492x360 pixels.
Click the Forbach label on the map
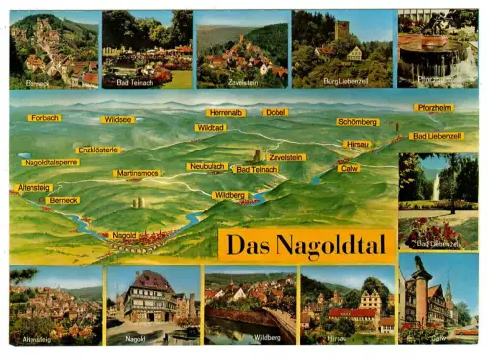[45, 118]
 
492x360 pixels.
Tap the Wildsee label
[117, 119]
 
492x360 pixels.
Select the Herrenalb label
[225, 113]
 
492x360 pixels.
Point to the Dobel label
[276, 113]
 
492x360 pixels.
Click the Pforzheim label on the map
[433, 108]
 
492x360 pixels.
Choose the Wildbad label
[211, 128]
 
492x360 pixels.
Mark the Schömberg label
[357, 122]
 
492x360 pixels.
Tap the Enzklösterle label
[98, 150]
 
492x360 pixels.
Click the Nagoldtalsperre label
[50, 162]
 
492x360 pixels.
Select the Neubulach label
[207, 167]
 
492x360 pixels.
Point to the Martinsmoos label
[138, 173]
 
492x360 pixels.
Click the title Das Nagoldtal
[306, 244]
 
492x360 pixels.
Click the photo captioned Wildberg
[250, 304]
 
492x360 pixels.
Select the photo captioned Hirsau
[347, 304]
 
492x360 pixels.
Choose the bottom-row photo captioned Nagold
[153, 304]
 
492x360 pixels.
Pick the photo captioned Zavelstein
[242, 49]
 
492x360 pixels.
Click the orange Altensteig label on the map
[34, 187]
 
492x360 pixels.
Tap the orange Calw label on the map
[349, 168]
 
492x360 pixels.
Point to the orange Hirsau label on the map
[357, 144]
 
